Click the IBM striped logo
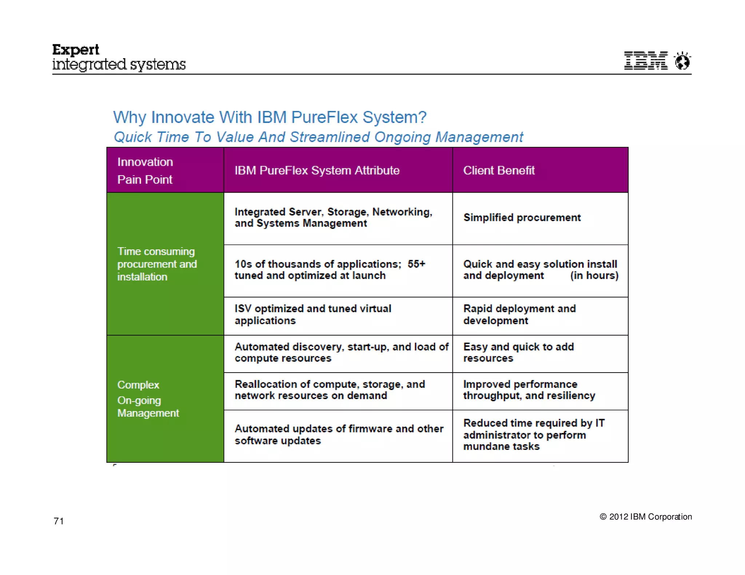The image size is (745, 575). click(646, 60)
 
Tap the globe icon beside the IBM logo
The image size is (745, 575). click(682, 61)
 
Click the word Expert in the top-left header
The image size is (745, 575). click(76, 50)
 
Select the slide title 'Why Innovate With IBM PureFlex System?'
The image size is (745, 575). click(270, 117)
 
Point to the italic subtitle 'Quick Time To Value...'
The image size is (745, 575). click(318, 137)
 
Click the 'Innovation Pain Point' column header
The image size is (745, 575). click(145, 170)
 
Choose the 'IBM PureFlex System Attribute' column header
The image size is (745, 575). click(317, 170)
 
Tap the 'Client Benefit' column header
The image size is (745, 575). click(499, 170)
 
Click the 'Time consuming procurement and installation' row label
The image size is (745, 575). click(157, 264)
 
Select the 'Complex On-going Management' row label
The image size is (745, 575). click(148, 399)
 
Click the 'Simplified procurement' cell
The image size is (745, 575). click(522, 217)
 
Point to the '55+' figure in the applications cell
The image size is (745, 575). click(416, 264)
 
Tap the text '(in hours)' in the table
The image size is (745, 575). click(594, 276)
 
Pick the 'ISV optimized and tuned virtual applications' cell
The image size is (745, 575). click(313, 314)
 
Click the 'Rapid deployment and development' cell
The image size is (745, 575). click(519, 314)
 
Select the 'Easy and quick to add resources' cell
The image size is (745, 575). click(518, 352)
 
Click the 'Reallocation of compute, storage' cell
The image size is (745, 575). click(330, 390)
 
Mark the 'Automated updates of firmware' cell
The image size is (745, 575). click(339, 434)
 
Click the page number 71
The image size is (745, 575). click(59, 521)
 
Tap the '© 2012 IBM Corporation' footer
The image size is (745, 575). click(646, 516)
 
